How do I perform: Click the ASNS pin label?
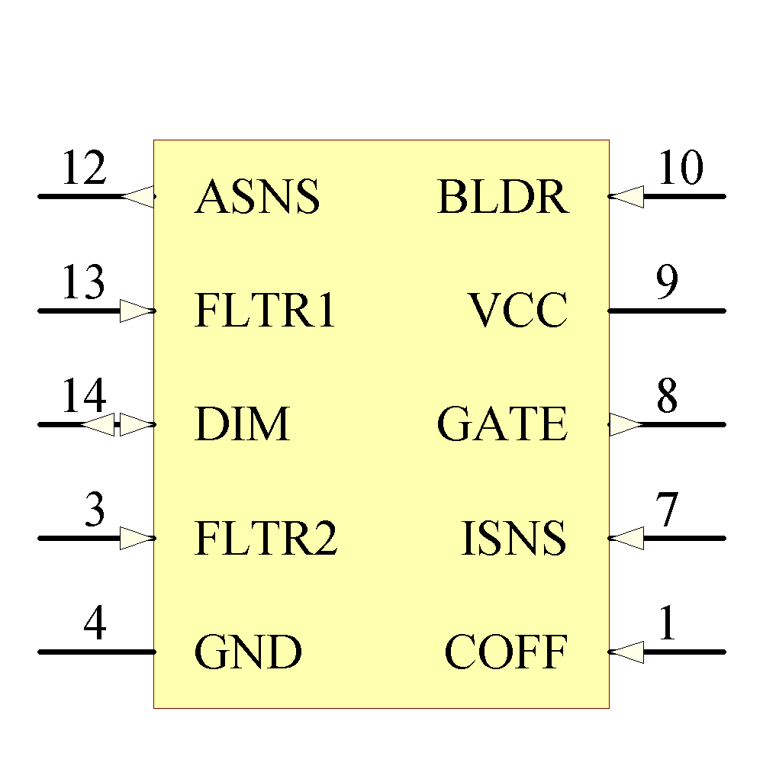coord(257,198)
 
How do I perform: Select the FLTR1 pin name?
coord(265,311)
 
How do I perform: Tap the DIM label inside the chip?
coord(242,425)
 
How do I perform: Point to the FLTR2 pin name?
coord(266,539)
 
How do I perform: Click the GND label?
coord(248,652)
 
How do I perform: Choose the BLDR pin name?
coord(503,198)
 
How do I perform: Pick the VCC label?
coord(518,311)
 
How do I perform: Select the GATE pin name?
coord(502,425)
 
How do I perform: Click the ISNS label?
coord(513,539)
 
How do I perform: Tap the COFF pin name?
coord(506,652)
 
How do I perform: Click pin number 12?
coord(83,169)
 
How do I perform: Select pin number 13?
coord(83,283)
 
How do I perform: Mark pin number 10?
coord(680,169)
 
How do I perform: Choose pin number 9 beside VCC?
coord(667,283)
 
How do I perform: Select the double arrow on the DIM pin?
coord(118,425)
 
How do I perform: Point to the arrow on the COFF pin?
coord(626,652)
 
